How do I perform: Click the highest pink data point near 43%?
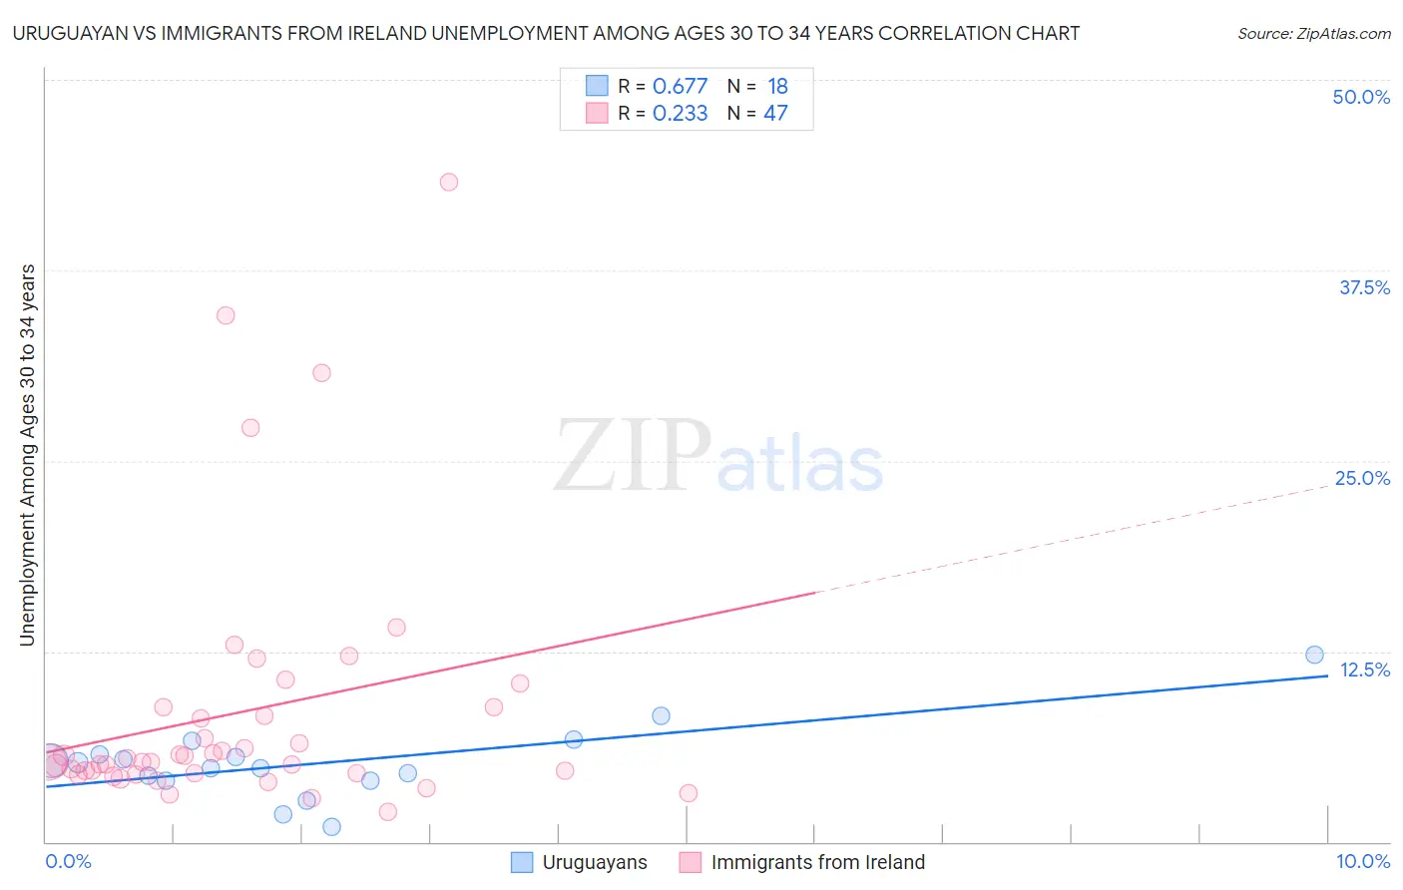[x=449, y=182]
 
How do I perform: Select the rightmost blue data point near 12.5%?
[x=1314, y=655]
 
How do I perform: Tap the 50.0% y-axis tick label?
[x=1361, y=97]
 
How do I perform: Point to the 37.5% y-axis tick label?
[x=1364, y=287]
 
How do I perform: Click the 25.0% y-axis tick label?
[x=1362, y=478]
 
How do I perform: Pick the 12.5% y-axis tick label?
[x=1364, y=669]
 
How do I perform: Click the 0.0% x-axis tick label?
[x=68, y=861]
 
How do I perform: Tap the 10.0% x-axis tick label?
[x=1362, y=861]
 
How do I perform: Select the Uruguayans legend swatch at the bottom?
[x=522, y=862]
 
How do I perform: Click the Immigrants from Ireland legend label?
[x=817, y=862]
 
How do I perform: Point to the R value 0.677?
[x=680, y=87]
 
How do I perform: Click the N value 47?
[x=775, y=114]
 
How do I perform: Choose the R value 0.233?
[x=680, y=114]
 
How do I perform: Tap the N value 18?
[x=777, y=87]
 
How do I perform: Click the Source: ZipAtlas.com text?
[x=1313, y=34]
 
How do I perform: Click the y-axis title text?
[x=28, y=455]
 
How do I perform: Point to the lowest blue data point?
[x=331, y=826]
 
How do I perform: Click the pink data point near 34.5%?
[x=226, y=315]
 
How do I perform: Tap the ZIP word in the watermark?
[x=633, y=457]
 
